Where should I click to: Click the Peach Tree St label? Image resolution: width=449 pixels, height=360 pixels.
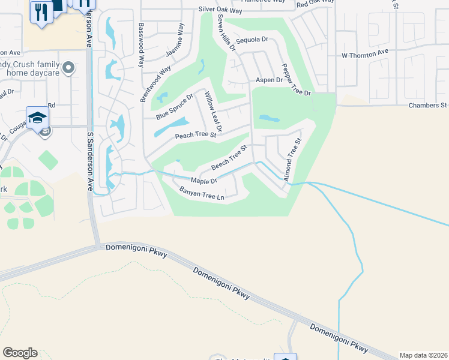click(x=195, y=136)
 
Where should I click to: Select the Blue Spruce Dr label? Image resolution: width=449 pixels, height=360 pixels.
click(x=174, y=107)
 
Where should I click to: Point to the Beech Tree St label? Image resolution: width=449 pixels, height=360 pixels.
click(x=229, y=157)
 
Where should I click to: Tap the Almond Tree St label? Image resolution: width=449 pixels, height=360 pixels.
click(x=292, y=160)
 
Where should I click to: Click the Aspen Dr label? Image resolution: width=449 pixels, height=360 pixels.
click(x=269, y=80)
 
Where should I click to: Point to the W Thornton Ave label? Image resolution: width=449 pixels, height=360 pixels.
click(x=366, y=55)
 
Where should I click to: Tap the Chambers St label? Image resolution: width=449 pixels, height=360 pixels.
click(x=427, y=105)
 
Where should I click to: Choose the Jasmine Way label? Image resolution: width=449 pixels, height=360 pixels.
click(x=173, y=46)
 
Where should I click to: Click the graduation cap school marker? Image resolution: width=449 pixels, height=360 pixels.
click(x=37, y=116)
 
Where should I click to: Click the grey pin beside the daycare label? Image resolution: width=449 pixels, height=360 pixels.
click(x=68, y=68)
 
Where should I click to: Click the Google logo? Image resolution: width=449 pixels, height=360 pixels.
click(x=20, y=353)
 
